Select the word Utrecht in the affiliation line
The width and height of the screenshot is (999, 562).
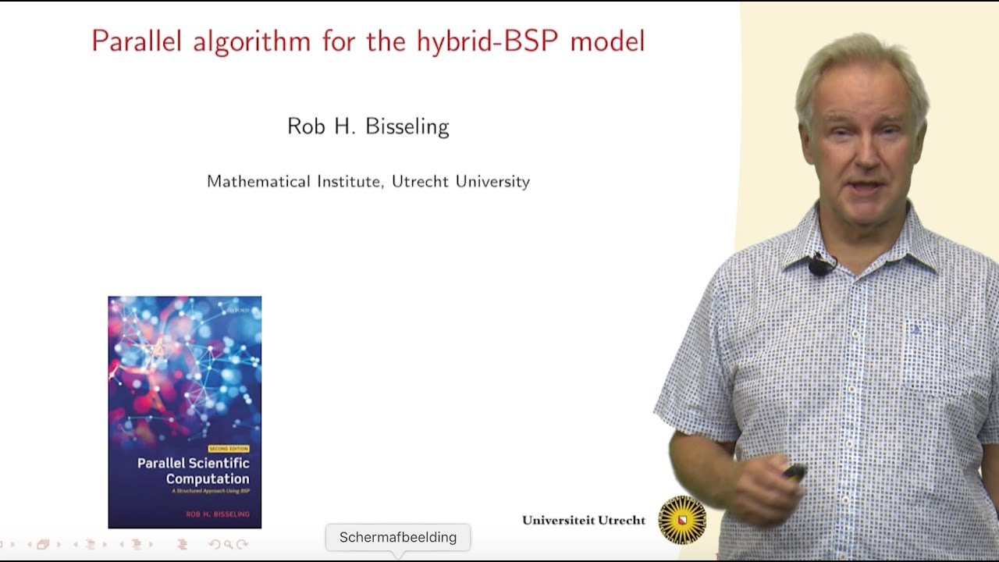pyautogui.click(x=421, y=182)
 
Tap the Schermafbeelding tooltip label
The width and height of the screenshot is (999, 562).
pyautogui.click(x=398, y=537)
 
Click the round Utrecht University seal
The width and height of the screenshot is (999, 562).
pyautogui.click(x=682, y=520)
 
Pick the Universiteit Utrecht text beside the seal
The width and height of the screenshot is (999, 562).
pyautogui.click(x=584, y=520)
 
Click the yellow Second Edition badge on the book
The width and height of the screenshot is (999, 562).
pyautogui.click(x=228, y=449)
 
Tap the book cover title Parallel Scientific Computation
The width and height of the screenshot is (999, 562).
pyautogui.click(x=193, y=471)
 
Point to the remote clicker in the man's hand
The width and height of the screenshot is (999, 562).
pyautogui.click(x=795, y=471)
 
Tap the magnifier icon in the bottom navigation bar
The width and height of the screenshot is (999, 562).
pyautogui.click(x=228, y=544)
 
